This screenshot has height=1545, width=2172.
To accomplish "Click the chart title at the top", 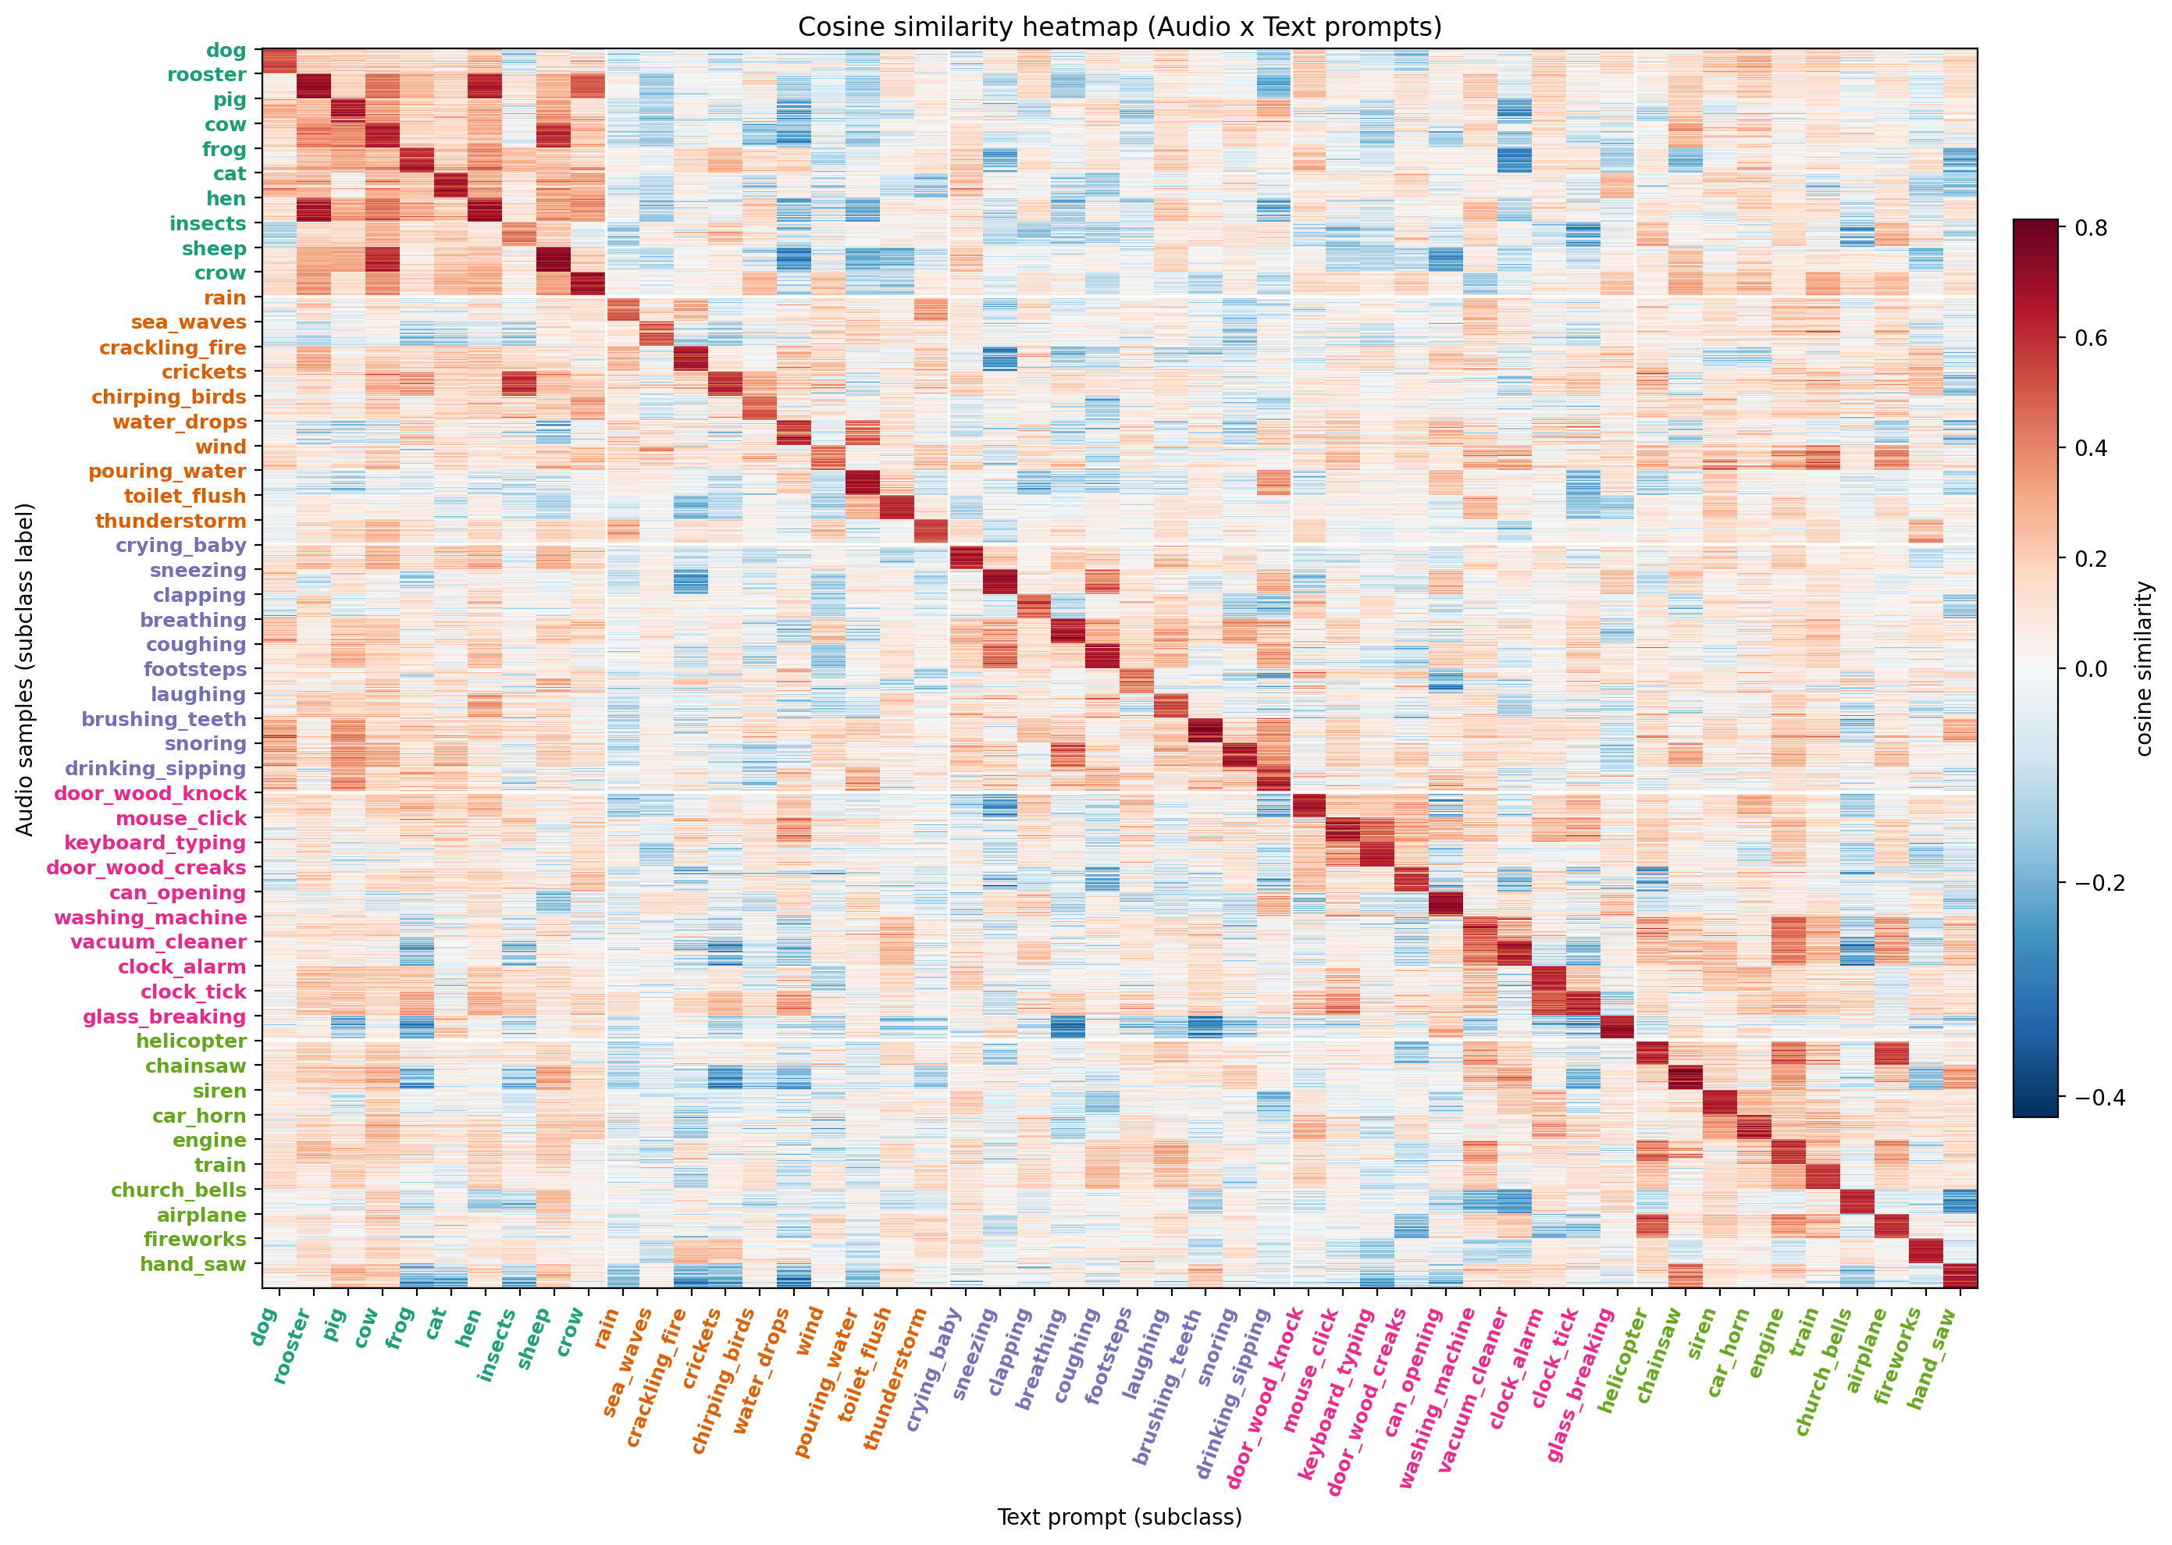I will tap(1119, 27).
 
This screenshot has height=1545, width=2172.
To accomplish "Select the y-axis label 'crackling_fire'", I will tap(173, 347).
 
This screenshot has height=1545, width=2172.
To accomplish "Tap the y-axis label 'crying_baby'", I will tap(181, 545).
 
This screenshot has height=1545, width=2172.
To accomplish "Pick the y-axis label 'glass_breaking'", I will tap(164, 1016).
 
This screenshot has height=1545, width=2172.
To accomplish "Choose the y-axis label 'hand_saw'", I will tap(192, 1265).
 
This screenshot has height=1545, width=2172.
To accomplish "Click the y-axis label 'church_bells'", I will tap(178, 1189).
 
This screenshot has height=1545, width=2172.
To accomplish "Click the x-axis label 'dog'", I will tap(264, 1327).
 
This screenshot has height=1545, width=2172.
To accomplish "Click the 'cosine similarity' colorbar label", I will tap(2143, 669).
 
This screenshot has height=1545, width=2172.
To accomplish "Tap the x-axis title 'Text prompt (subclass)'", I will tap(1119, 1516).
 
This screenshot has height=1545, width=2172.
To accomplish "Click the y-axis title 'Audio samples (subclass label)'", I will tap(25, 669).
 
